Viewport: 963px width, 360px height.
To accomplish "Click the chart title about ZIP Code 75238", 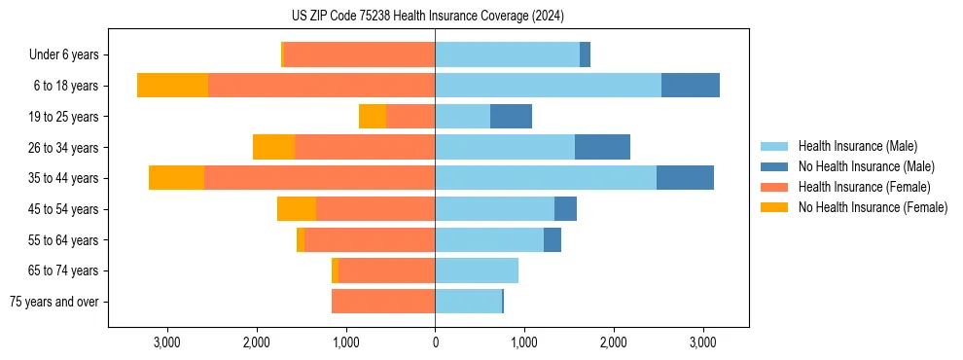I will pos(427,16).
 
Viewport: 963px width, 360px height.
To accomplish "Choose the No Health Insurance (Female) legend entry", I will pos(873,207).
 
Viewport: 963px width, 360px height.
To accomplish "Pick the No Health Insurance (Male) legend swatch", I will pos(775,166).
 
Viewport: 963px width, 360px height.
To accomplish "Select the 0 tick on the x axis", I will pos(435,343).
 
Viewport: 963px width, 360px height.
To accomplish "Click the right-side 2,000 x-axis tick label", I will pos(614,343).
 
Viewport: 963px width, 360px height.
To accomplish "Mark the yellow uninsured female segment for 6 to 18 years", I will pos(172,86).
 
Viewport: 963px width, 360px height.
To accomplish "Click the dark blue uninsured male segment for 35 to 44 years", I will pos(685,178).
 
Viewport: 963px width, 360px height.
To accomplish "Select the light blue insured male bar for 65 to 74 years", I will pos(477,270).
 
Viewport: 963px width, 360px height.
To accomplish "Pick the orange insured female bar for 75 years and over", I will pos(383,302).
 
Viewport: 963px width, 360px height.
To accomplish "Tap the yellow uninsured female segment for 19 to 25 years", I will pos(373,117).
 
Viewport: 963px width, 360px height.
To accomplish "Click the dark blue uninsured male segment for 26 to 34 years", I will pos(602,147).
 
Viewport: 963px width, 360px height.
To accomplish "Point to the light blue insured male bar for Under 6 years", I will pos(507,55).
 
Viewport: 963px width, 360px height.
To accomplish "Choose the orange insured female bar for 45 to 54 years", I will pos(375,209).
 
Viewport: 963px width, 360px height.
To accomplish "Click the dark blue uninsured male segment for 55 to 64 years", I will pos(553,239).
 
